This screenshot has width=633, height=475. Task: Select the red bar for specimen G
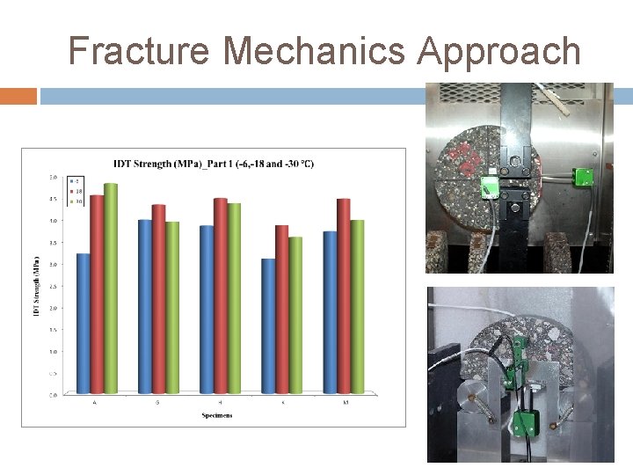click(158, 298)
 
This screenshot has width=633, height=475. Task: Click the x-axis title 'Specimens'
click(215, 415)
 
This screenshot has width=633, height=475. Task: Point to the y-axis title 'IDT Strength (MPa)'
click(37, 287)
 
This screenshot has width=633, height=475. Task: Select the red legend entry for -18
click(76, 192)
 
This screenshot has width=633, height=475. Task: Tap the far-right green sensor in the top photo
click(581, 177)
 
